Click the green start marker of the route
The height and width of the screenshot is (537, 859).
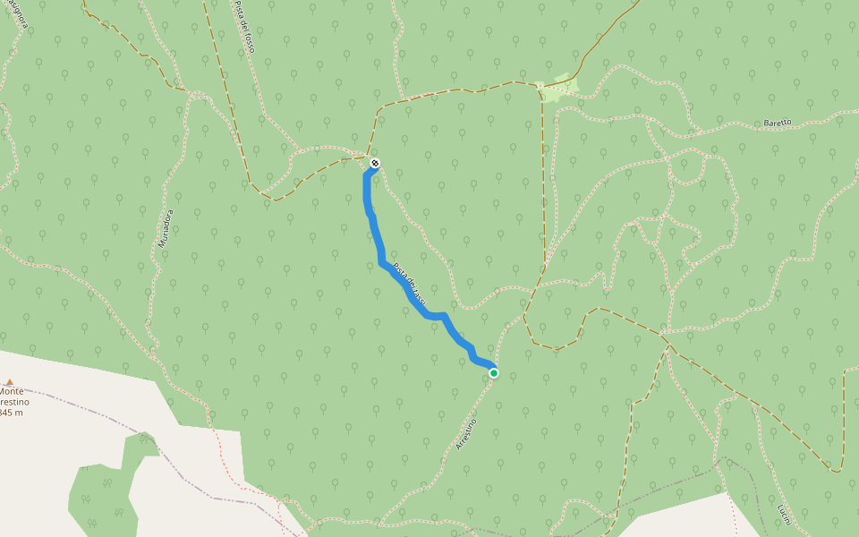point(494,373)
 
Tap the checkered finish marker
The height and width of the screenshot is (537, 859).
point(375,163)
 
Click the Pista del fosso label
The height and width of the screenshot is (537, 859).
point(244,27)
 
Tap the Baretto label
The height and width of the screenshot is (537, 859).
point(778,122)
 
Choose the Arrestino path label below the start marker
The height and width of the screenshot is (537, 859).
point(466,433)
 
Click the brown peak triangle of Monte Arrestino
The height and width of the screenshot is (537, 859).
point(10,381)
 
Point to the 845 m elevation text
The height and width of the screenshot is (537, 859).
point(11,413)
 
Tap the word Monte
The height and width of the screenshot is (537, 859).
point(12,391)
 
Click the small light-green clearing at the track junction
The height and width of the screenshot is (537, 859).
point(558,88)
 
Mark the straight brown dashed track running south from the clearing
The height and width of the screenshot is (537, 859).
point(544,179)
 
